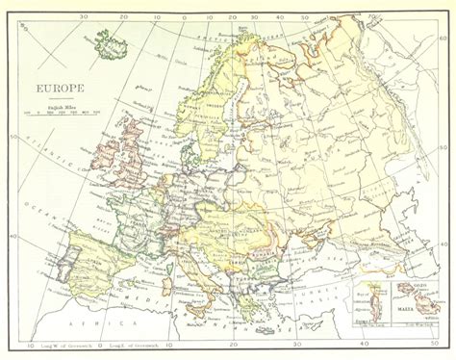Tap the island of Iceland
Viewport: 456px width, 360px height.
click(112, 41)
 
